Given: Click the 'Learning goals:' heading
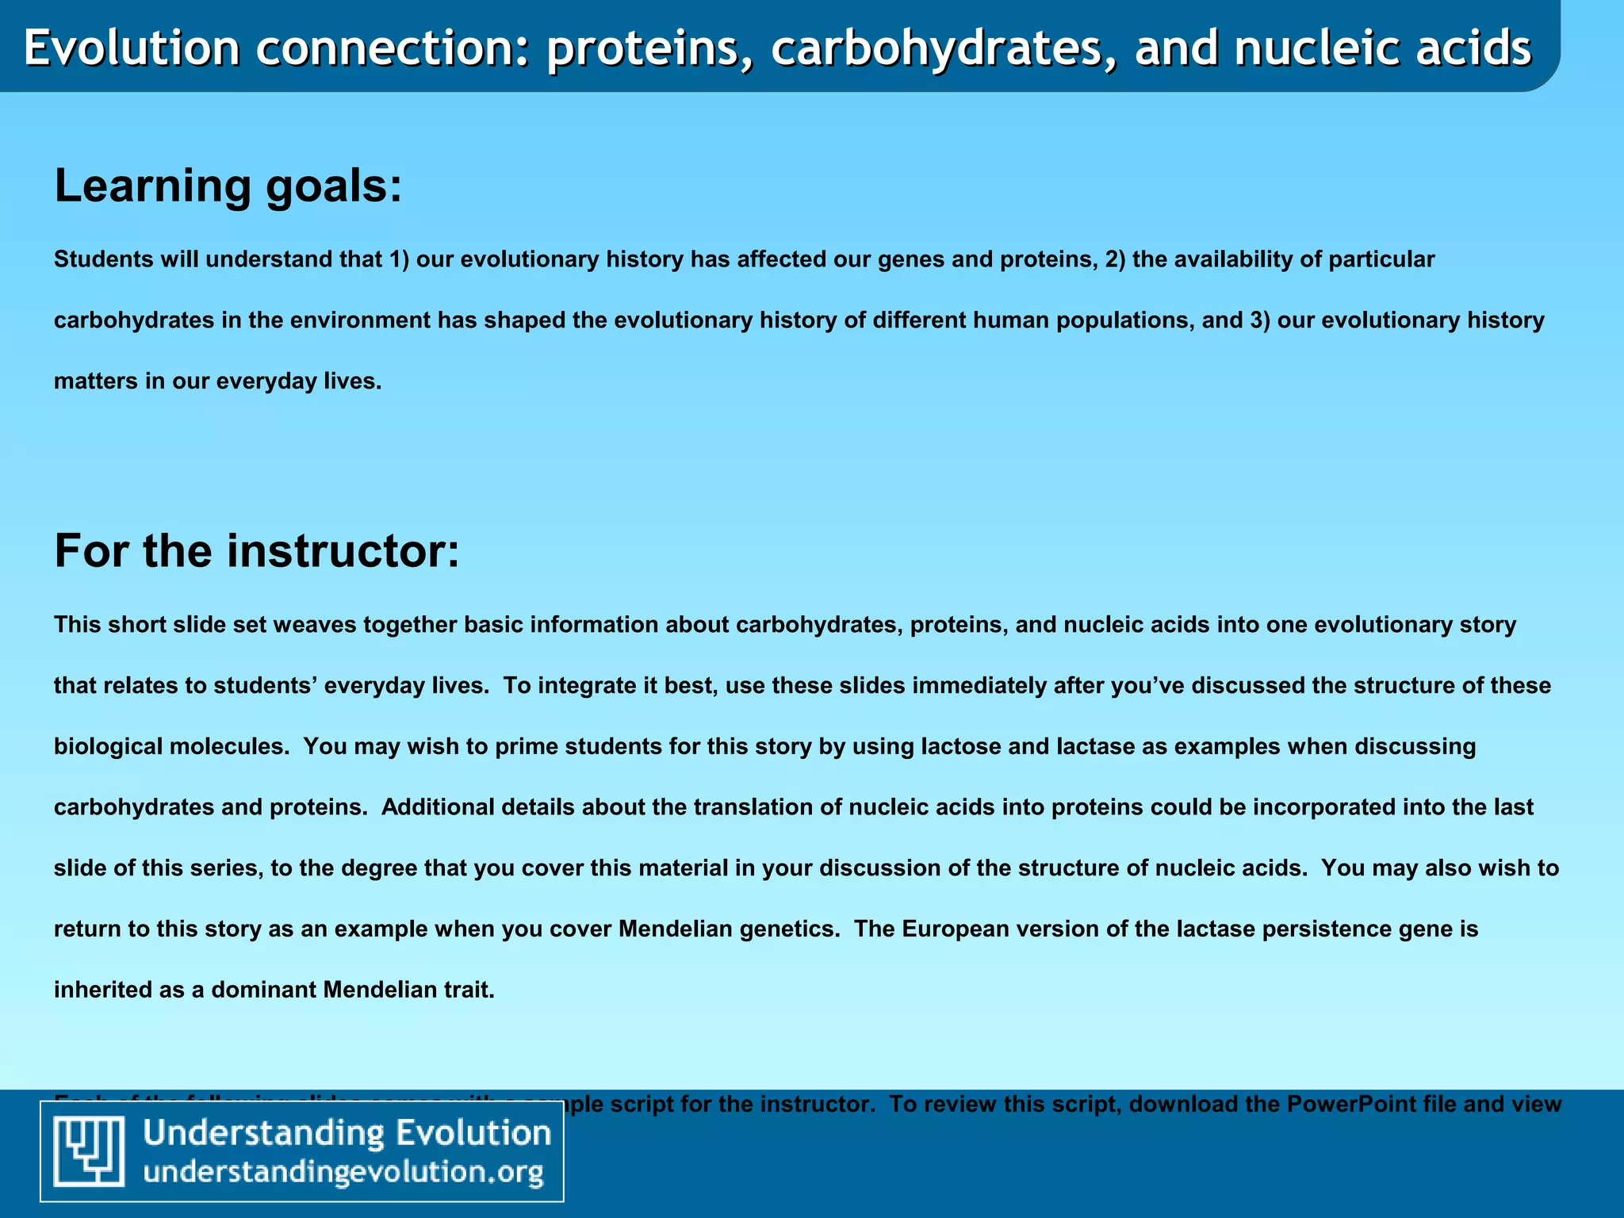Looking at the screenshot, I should click(x=228, y=186).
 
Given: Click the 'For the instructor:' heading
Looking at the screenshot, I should click(x=256, y=551).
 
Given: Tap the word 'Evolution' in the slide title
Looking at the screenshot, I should click(x=132, y=48).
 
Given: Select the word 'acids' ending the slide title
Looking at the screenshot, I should click(x=1475, y=48).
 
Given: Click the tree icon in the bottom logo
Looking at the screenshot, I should click(x=89, y=1151).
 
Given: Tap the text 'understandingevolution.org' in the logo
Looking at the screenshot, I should click(x=343, y=1172).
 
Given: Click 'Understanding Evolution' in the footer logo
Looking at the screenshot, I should click(x=347, y=1132).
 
